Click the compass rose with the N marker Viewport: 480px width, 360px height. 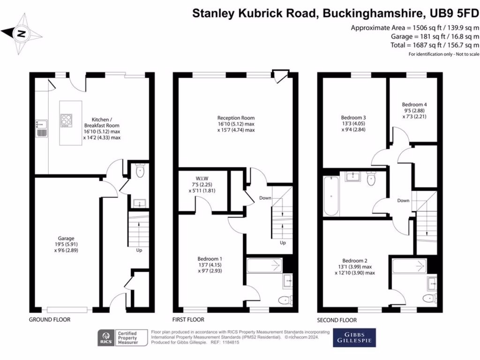click(x=21, y=33)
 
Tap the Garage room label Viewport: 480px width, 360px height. click(x=63, y=244)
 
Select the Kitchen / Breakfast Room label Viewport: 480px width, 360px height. click(x=102, y=125)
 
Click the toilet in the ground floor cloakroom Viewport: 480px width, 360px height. click(x=140, y=172)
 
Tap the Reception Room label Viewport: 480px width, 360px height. click(x=236, y=124)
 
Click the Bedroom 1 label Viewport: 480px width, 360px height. click(x=210, y=265)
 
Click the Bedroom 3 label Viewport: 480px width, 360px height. click(x=354, y=123)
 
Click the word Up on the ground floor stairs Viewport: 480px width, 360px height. click(x=139, y=250)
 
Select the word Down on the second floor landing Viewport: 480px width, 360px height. click(x=403, y=201)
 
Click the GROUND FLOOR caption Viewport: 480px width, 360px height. click(x=50, y=320)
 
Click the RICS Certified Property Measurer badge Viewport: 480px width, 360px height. click(x=118, y=337)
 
